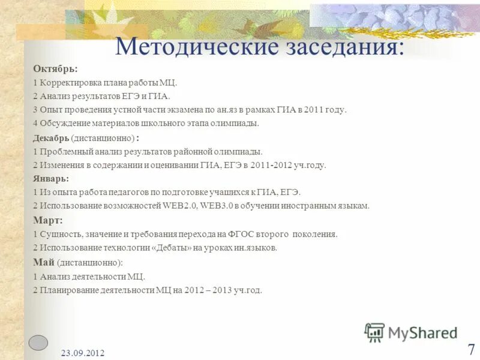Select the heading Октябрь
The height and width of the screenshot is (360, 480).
point(55,69)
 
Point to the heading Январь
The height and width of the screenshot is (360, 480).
point(51,178)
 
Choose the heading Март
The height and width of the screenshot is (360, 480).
point(48,220)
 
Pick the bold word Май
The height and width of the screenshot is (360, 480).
point(44,262)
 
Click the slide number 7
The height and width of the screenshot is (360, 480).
point(471,349)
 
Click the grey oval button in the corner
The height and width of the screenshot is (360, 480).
point(38,342)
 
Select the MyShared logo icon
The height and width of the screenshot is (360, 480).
point(374,332)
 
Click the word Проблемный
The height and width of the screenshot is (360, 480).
point(64,152)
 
